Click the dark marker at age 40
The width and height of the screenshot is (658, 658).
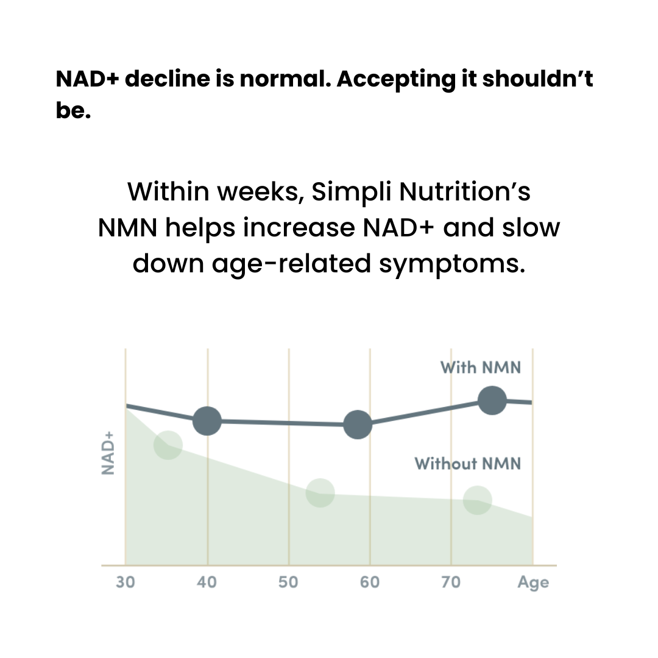pos(207,421)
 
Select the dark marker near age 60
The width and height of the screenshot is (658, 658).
pos(358,425)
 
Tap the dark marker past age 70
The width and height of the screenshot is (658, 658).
pos(492,400)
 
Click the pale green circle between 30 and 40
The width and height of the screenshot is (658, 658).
pos(168,445)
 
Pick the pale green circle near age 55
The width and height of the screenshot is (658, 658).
pos(320,492)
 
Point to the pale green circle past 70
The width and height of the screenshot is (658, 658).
pos(477,500)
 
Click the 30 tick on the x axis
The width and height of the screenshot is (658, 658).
pos(126,582)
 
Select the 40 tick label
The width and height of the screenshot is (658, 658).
pos(207,582)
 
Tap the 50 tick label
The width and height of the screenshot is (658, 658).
pos(288,582)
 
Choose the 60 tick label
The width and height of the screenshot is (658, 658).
pos(370,582)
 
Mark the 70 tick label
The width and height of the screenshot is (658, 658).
pos(451,582)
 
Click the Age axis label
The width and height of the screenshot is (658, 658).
pos(533,582)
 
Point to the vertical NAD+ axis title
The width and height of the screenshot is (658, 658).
pos(108,453)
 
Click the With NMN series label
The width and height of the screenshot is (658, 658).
pos(481,367)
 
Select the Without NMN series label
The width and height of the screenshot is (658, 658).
pos(468,464)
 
